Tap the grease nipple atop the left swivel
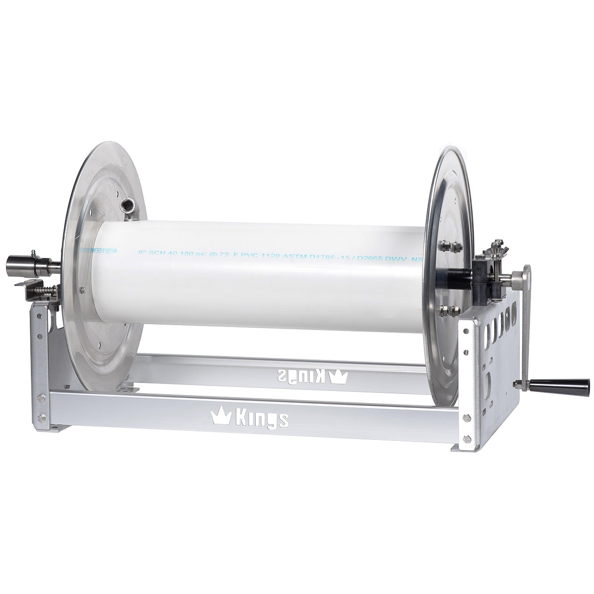[34, 252]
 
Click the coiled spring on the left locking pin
[48, 288]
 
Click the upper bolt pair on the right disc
[450, 245]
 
